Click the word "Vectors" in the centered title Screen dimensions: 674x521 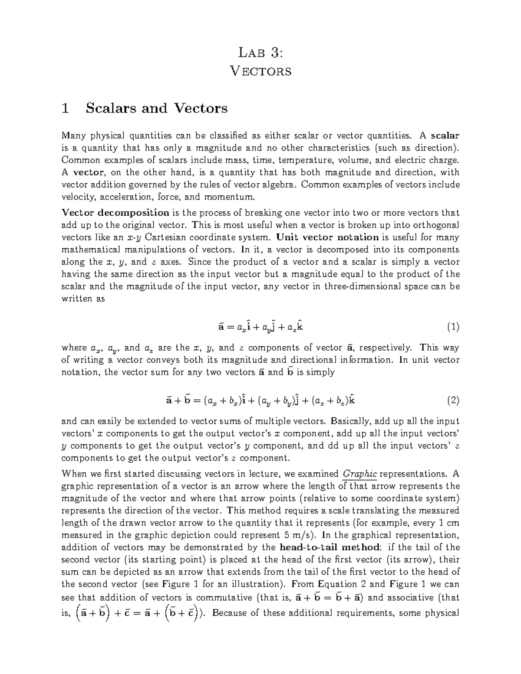pos(260,71)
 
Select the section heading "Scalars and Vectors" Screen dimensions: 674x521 pos(157,108)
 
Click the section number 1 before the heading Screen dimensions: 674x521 pos(66,108)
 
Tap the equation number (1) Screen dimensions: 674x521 pos(453,327)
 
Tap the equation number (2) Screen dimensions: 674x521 pos(453,400)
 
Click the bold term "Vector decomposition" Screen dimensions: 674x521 pos(115,213)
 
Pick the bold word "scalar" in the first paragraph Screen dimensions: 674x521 pos(445,135)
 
